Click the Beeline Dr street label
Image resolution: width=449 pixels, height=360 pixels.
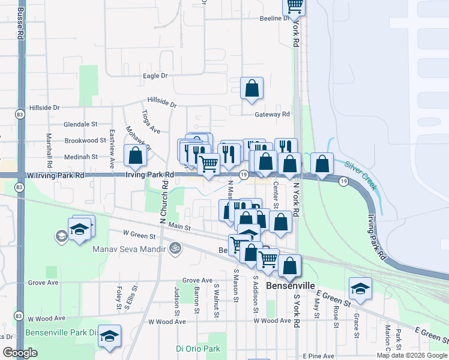point(275,19)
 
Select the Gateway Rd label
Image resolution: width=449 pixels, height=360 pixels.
point(272,114)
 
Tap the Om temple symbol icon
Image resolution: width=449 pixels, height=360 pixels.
point(175,247)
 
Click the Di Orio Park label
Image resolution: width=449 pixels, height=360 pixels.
point(197,349)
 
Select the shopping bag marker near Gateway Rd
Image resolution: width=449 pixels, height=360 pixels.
point(252,88)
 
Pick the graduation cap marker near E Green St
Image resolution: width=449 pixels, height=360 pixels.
point(360,289)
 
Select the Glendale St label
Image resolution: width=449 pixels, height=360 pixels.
point(81,124)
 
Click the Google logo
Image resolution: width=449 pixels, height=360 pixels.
point(20,353)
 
